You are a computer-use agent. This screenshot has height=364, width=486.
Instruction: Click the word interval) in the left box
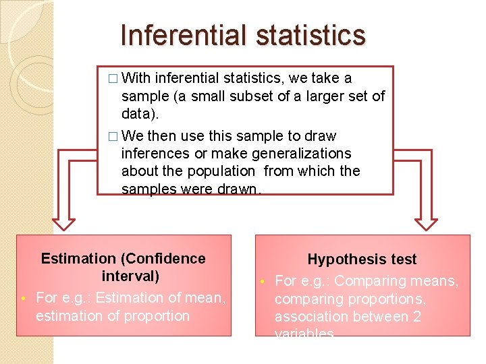coord(130,276)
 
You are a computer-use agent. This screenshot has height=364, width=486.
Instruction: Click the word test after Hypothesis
coord(403,260)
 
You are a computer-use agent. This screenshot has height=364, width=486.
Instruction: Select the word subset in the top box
coord(250,96)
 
